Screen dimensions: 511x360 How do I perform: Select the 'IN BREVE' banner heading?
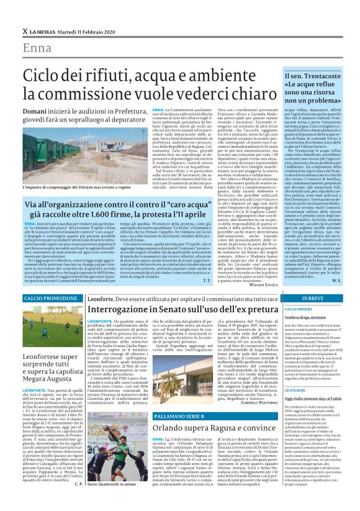tap(310, 299)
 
